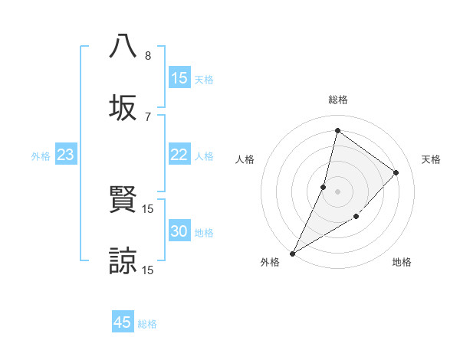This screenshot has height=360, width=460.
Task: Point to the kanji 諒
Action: tap(123, 260)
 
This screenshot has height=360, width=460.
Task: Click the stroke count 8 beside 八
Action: tap(147, 56)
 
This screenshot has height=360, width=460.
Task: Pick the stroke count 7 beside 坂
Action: tap(147, 116)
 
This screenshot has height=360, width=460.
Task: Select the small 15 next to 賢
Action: tap(148, 208)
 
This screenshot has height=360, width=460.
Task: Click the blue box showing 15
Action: tap(179, 78)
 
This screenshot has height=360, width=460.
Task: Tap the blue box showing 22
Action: tap(179, 155)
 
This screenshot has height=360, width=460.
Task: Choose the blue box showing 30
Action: tap(179, 232)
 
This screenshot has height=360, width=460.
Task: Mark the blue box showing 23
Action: tap(66, 155)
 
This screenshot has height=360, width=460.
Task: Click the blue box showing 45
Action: tap(123, 322)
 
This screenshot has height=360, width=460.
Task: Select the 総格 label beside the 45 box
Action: tap(147, 324)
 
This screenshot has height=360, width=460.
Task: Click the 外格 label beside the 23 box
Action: tap(41, 156)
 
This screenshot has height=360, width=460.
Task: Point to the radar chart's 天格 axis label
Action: tap(431, 159)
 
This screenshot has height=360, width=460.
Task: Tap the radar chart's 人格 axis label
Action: tap(245, 159)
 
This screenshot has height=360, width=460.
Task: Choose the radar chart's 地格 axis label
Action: tap(402, 262)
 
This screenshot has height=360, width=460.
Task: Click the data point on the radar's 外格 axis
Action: tap(292, 253)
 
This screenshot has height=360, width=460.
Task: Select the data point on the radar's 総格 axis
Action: tap(337, 130)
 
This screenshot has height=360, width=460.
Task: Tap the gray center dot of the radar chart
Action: tap(337, 191)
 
